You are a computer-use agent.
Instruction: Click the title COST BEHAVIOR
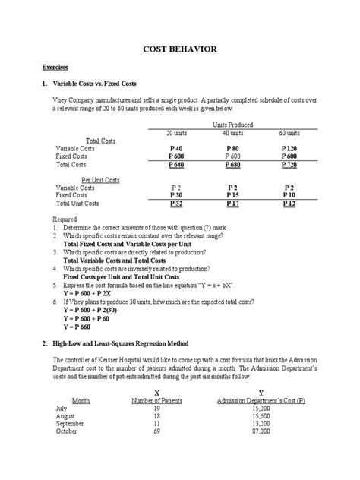(181, 49)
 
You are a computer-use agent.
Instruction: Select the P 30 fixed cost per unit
(176, 195)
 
